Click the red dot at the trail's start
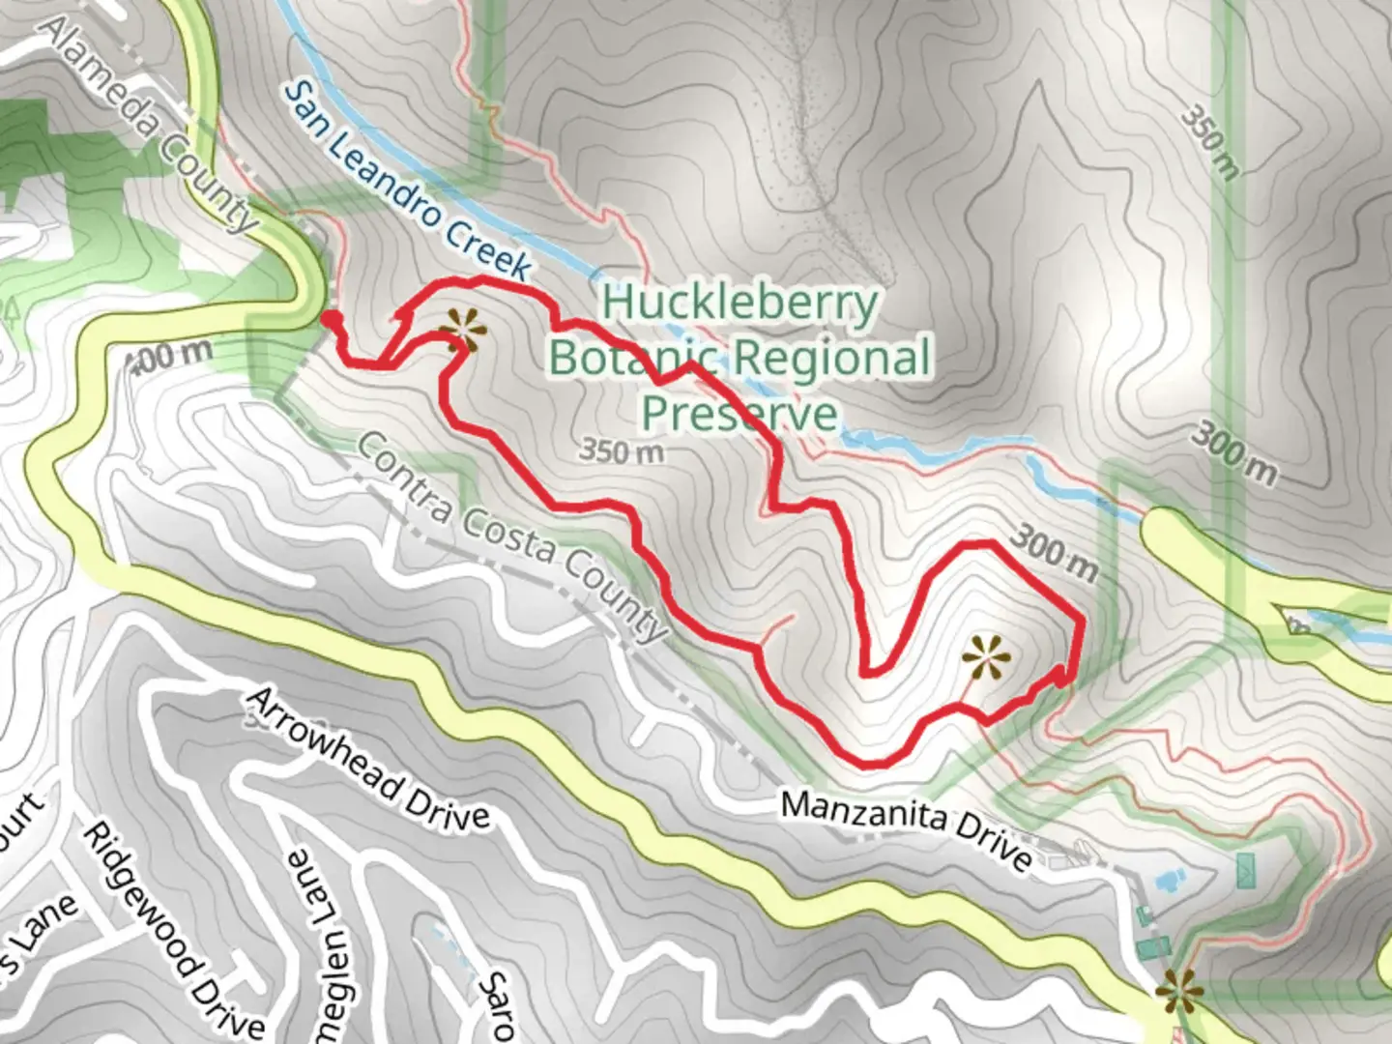coord(330,319)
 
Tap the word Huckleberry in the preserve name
coord(739,303)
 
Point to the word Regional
coord(836,358)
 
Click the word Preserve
coord(739,414)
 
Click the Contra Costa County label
coord(512,536)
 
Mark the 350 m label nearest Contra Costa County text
coord(622,450)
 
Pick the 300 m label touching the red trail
coord(1056,556)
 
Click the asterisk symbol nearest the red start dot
coord(463,332)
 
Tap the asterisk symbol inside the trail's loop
coord(986,659)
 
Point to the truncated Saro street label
coord(498,1005)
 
